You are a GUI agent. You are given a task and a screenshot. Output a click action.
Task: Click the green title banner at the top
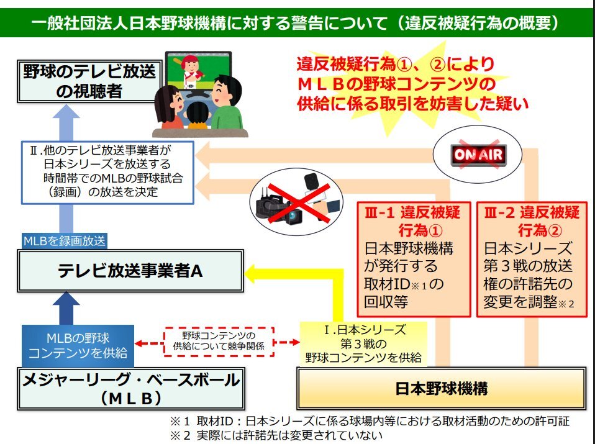[297, 23]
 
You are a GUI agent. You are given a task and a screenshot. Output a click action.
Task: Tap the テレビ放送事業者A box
[122, 271]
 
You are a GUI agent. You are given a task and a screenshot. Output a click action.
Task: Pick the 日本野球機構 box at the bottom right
[441, 389]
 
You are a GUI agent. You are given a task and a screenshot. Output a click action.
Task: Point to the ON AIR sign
[478, 153]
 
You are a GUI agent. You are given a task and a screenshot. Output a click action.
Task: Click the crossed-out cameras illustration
[296, 201]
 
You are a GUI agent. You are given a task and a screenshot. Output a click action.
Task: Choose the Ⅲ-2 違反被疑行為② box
[530, 258]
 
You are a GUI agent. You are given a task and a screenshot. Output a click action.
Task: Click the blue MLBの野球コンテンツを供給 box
[78, 345]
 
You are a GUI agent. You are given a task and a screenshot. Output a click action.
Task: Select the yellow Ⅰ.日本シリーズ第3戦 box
[363, 343]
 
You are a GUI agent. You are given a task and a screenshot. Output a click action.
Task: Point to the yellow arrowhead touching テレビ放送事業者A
[255, 271]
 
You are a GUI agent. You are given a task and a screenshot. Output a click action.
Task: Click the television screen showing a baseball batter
[198, 70]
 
